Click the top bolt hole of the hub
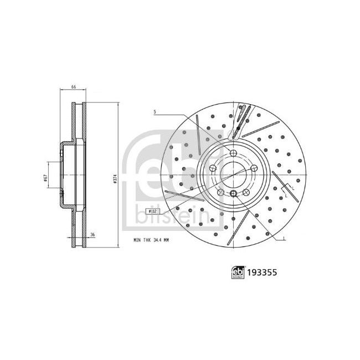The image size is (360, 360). pyautogui.click(x=233, y=153)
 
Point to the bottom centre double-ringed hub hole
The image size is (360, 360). pyautogui.click(x=233, y=193)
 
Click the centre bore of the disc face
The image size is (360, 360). pyautogui.click(x=233, y=174)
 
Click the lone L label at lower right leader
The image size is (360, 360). pyautogui.click(x=284, y=239)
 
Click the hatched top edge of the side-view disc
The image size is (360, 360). pyautogui.click(x=78, y=105)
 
